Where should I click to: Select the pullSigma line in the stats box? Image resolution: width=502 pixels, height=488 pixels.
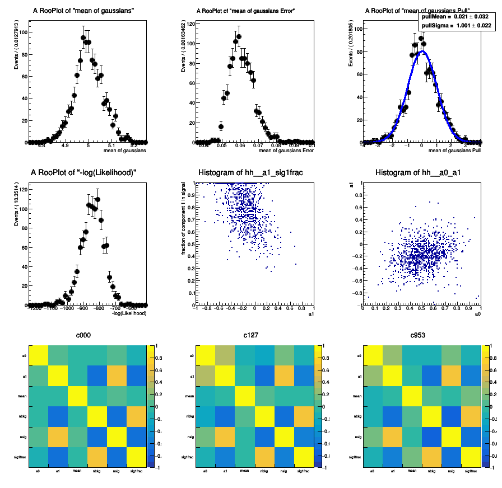pos(456,25)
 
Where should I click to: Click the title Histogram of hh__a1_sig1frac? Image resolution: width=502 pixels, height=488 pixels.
pos(250,172)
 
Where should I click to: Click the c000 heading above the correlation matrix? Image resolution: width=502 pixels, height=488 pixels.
pos(83,336)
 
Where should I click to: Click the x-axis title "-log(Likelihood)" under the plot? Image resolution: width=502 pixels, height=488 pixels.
pos(129,313)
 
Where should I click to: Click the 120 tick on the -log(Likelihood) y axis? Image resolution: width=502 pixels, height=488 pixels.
pos(23,190)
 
